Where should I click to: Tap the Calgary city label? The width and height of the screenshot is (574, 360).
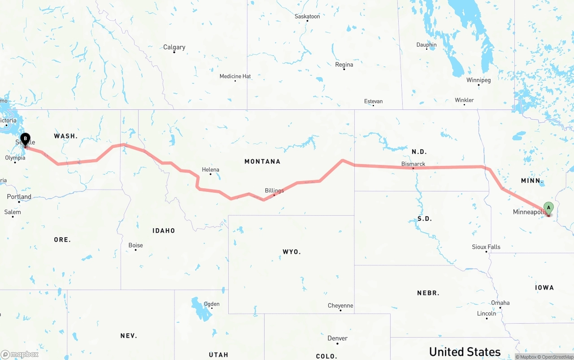tap(174, 47)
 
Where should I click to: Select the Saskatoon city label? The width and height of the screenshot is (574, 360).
tap(307, 16)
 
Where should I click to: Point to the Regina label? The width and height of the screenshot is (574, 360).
tap(344, 65)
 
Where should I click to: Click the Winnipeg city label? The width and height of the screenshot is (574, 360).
tap(478, 80)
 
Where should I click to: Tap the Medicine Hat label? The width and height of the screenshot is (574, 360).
tap(235, 76)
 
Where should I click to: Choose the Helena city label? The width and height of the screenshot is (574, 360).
tap(210, 169)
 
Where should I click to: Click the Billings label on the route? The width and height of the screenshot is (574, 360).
tap(274, 191)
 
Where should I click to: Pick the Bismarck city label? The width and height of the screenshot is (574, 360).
tap(413, 164)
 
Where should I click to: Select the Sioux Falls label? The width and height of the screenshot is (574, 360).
tap(486, 247)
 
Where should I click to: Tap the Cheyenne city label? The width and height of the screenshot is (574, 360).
tap(340, 306)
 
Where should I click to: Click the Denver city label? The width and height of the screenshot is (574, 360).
tap(337, 338)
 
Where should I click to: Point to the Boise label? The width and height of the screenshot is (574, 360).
tap(135, 245)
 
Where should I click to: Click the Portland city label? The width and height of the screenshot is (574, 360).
tap(19, 197)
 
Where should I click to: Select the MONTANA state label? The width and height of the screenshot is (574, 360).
tap(262, 161)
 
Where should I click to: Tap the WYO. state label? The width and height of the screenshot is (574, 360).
tap(291, 252)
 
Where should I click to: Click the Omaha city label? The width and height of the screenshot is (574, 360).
tap(500, 303)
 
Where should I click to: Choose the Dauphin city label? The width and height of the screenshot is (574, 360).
tap(426, 45)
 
